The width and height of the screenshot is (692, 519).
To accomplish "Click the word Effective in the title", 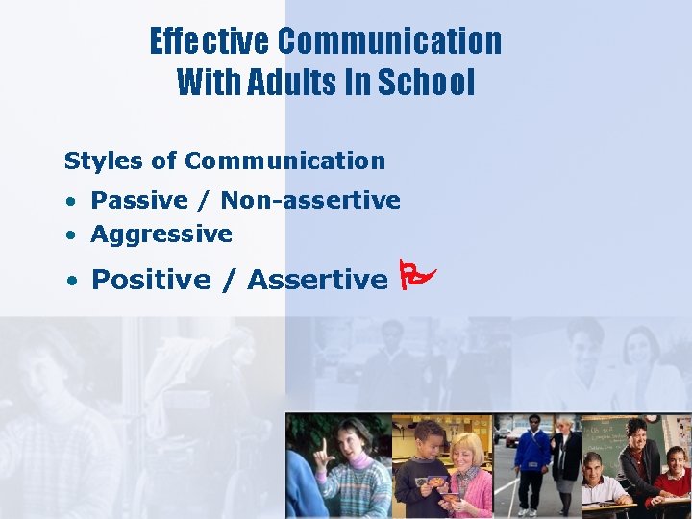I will coord(210,41).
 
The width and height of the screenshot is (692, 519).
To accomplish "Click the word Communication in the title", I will coord(389,41).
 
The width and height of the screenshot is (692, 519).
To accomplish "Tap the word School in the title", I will coord(426,83).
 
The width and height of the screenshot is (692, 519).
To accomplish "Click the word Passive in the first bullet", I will coord(139,200).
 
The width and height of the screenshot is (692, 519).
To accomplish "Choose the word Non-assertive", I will coord(310,200).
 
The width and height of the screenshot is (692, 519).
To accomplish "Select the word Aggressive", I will coord(161,234).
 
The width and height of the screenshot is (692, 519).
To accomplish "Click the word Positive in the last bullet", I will coord(151,280).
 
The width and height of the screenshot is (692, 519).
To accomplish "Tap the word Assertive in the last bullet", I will coord(317,280).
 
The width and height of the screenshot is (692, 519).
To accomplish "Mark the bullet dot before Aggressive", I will coord(71,235).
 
